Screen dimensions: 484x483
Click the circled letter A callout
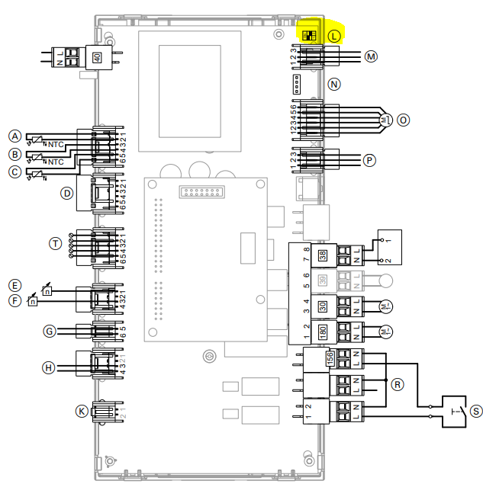(14, 136)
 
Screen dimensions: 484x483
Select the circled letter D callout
(68, 194)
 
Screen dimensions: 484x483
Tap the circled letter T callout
(55, 243)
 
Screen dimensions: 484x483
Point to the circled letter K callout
(82, 411)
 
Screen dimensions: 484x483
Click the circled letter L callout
(333, 36)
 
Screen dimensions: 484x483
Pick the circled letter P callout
(370, 160)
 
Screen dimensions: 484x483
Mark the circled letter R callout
(396, 385)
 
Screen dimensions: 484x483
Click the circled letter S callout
(476, 411)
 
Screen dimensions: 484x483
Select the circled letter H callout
(50, 367)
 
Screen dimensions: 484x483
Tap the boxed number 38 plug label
(324, 256)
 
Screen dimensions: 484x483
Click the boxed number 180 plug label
(324, 332)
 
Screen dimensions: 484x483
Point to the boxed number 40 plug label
(97, 58)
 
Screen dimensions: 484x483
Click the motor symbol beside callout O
(385, 119)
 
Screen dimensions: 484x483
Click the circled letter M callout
(372, 56)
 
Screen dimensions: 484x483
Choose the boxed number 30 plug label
(324, 306)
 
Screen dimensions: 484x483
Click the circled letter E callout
(14, 284)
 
